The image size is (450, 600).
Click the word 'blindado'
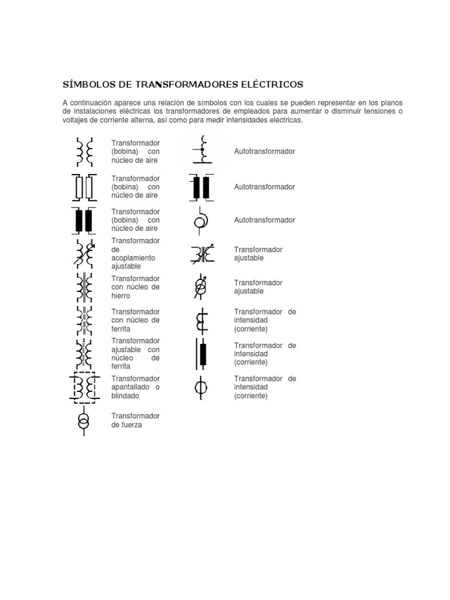[125, 396]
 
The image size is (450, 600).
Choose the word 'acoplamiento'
[133, 258]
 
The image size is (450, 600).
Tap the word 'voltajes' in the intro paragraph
[77, 120]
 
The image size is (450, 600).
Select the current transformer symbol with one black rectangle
[202, 354]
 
